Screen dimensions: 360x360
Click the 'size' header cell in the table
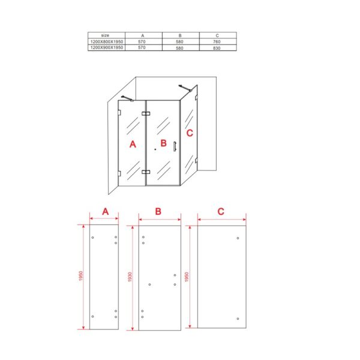point(105,35)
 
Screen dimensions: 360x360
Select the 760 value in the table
point(217,42)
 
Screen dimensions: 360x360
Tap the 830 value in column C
point(217,48)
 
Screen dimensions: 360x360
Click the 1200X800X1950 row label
point(107,42)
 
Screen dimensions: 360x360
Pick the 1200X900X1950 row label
point(107,47)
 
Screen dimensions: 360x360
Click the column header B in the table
point(180,35)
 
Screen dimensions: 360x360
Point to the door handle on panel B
point(175,146)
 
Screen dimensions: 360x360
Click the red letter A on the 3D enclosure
point(133,144)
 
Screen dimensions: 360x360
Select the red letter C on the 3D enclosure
point(190,133)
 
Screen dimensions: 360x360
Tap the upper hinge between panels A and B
point(146,113)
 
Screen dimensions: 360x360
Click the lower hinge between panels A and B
point(146,172)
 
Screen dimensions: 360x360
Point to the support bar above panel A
point(127,98)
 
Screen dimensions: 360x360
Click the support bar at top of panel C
point(185,88)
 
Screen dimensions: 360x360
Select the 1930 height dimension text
point(130,277)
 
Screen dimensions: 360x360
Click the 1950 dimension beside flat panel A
point(80,276)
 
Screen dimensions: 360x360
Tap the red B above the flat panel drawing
point(158,211)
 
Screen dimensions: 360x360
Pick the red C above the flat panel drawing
point(221,211)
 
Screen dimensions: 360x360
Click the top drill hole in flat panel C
point(238,238)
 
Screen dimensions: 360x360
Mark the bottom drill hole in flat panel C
point(238,319)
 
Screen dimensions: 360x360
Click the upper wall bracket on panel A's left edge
point(119,113)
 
